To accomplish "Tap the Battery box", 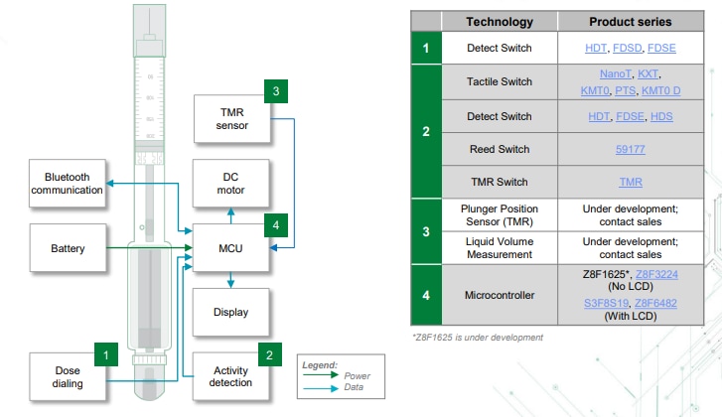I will (67, 248).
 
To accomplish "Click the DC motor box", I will (230, 184).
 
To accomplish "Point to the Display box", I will (230, 312).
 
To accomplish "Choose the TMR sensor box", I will (230, 119).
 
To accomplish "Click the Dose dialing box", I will (67, 376).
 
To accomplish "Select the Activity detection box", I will (230, 376).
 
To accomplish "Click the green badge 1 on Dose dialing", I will (106, 351).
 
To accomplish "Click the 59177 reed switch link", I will (631, 150).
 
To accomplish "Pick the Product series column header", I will (631, 21).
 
